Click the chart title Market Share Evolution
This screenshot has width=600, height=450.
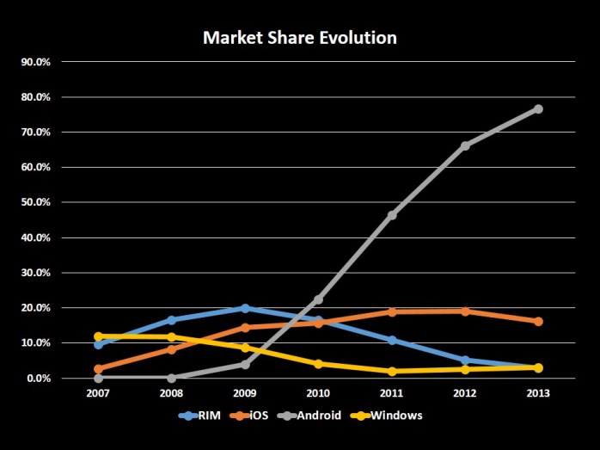point(299,39)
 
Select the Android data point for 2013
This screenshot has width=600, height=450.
point(538,108)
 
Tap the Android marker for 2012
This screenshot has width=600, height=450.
point(465,145)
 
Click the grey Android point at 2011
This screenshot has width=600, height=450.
point(392,214)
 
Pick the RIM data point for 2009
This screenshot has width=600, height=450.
point(245,308)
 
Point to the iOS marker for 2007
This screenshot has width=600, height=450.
point(99,369)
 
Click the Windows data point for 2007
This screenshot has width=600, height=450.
point(99,336)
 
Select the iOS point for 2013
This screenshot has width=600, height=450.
point(538,321)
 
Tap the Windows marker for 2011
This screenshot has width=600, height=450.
point(392,371)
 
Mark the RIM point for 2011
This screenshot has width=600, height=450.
point(392,340)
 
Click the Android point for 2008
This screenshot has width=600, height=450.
point(172,378)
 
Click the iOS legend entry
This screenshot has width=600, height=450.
point(253,415)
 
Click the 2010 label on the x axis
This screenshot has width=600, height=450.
point(318,393)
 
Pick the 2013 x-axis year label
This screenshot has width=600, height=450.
point(538,393)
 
